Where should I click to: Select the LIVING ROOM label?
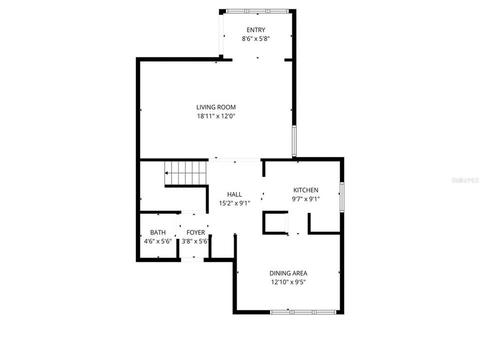pos(215,107)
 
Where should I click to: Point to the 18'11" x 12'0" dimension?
pos(215,116)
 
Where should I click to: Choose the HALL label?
pos(234,194)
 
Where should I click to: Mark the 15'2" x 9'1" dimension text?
pos(234,203)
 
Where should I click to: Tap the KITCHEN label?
pos(305,190)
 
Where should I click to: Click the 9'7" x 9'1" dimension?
pos(305,199)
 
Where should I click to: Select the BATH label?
pos(158,232)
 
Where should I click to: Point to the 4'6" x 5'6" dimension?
pos(158,241)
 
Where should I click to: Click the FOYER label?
pos(195,232)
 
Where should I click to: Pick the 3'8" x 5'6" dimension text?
pos(195,241)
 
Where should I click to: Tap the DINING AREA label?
pos(288,273)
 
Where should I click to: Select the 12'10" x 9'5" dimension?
pos(288,282)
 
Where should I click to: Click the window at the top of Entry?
pos(255,11)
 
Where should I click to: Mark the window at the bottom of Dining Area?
pos(303,312)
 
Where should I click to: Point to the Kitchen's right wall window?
pos(342,197)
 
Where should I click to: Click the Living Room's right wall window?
pos(294,141)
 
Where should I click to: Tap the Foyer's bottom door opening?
pos(192,259)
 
